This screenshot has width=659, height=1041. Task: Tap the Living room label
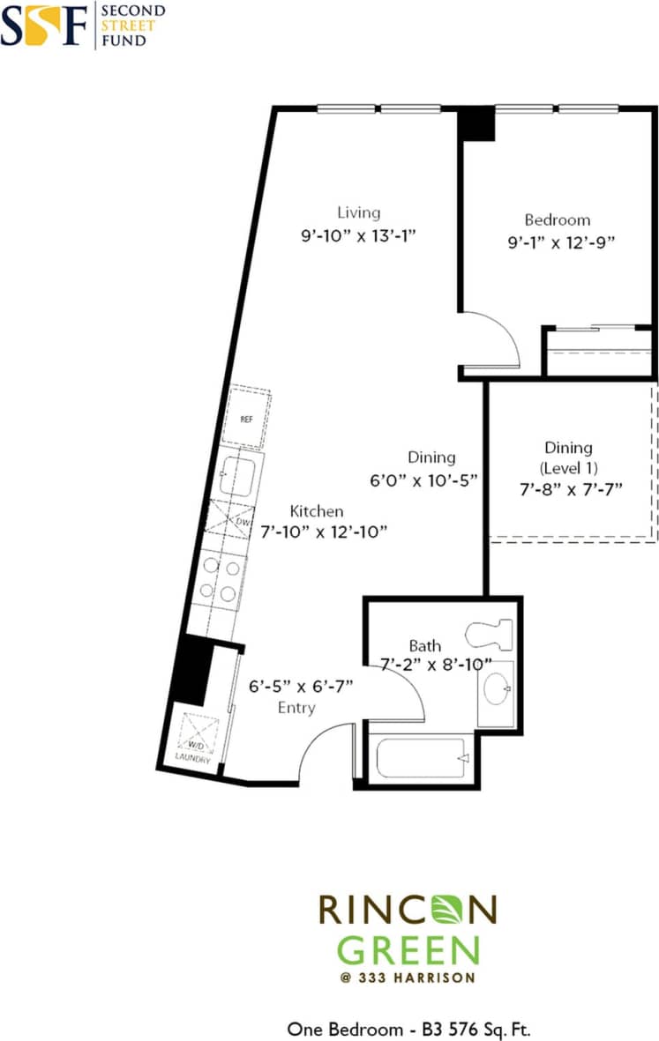(359, 212)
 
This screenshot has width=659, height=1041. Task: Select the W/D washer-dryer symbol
(198, 731)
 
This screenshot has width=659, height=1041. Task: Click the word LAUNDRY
(193, 757)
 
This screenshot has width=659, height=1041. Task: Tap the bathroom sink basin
(498, 688)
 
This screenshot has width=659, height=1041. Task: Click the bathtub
(420, 756)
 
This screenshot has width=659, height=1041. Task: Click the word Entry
(296, 708)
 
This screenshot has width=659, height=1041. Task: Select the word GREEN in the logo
(408, 950)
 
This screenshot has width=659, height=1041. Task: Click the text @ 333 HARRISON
(408, 978)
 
